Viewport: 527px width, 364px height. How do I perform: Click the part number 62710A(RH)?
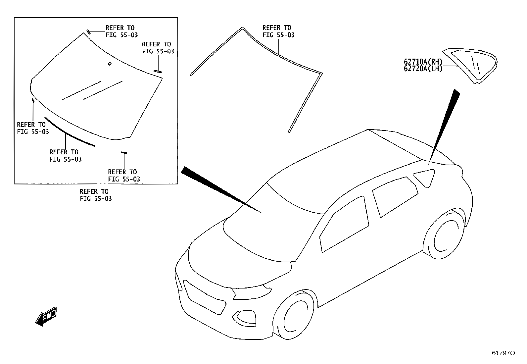pyautogui.click(x=423, y=62)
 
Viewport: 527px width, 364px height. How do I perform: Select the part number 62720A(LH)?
pyautogui.click(x=423, y=69)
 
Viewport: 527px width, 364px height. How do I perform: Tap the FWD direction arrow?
pyautogui.click(x=46, y=316)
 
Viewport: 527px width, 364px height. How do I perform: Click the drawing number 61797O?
pyautogui.click(x=503, y=353)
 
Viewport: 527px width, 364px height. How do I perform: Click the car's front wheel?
pyautogui.click(x=294, y=315)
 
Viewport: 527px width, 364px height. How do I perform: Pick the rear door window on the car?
pyautogui.click(x=395, y=197)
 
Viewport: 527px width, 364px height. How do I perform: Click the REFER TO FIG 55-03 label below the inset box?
pyautogui.click(x=96, y=195)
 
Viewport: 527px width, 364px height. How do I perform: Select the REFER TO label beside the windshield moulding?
pyautogui.click(x=278, y=31)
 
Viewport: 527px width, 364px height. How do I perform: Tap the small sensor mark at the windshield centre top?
pyautogui.click(x=109, y=64)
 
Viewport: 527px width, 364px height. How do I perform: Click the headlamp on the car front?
pyautogui.click(x=251, y=293)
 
